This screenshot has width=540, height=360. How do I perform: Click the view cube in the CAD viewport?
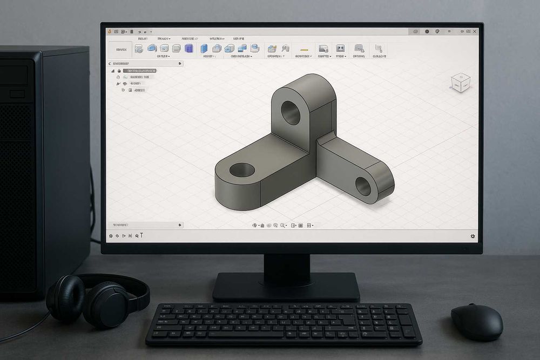coord(461,83)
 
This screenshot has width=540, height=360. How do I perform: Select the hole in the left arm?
coord(242,170)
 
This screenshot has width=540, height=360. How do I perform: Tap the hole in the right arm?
coord(363,186)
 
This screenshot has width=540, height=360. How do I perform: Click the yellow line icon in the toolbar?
coord(303,49)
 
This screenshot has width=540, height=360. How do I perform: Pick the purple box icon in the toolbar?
coord(189,49)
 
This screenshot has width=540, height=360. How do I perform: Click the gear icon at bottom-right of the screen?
coord(473,236)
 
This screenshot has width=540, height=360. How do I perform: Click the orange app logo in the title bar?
coord(110,32)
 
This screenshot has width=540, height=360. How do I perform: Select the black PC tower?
coord(43,162)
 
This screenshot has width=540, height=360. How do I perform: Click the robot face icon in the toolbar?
coord(340,49)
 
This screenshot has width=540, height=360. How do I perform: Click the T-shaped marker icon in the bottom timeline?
coord(141,235)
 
